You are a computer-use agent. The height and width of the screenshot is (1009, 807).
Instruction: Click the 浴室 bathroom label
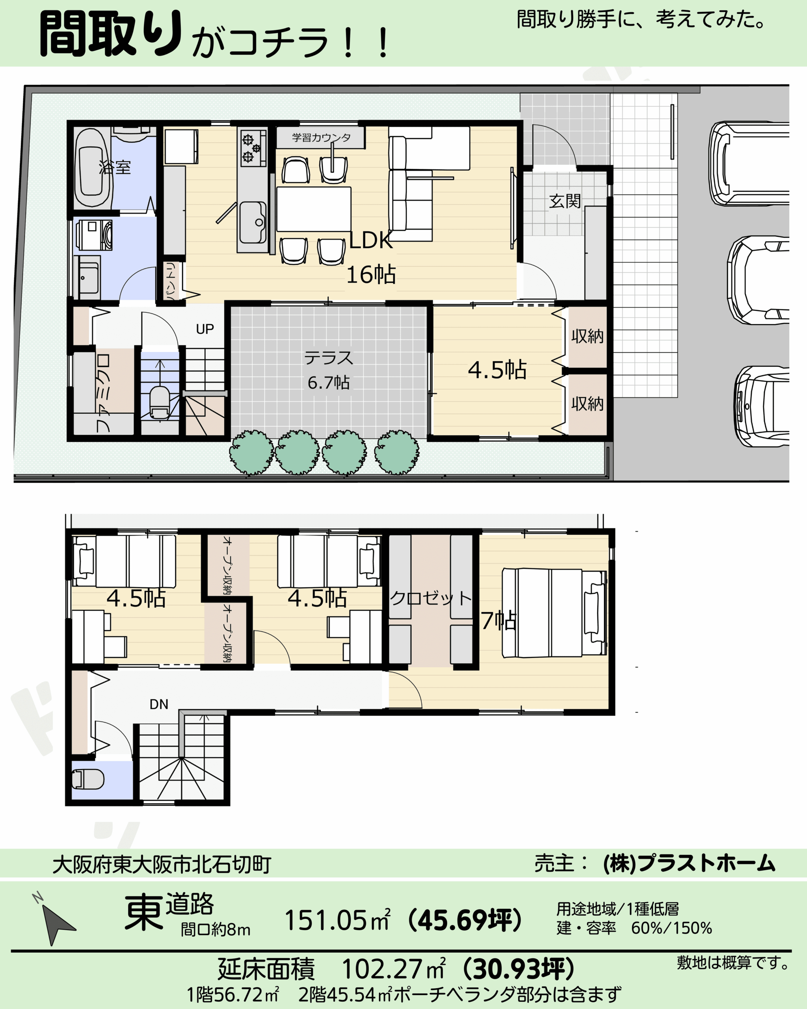(115, 167)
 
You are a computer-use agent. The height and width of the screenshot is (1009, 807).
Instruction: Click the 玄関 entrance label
(565, 201)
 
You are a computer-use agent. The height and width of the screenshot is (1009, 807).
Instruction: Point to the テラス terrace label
(328, 358)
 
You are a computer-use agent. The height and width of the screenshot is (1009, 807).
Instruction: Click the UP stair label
(205, 330)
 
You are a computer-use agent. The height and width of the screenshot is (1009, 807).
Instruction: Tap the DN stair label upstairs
(158, 704)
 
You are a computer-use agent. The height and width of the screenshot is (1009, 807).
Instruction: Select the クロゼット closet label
(431, 598)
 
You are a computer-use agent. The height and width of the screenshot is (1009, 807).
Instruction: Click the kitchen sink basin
(253, 222)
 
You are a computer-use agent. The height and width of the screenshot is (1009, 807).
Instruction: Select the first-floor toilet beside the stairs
(160, 402)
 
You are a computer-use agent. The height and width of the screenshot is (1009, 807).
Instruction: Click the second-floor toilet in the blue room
(87, 779)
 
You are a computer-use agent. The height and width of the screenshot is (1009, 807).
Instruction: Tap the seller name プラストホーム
(707, 864)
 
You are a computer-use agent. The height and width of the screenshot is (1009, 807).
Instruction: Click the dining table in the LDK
(313, 209)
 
